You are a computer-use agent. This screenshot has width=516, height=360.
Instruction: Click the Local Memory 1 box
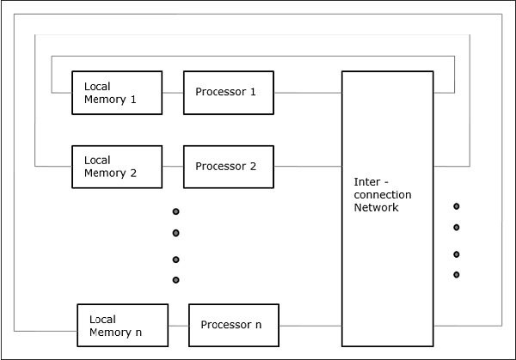tap(116, 93)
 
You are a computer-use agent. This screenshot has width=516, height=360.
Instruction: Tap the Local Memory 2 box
tap(116, 167)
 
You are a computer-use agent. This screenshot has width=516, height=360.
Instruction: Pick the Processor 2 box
tap(229, 167)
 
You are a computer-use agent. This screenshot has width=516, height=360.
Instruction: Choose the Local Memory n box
tap(121, 325)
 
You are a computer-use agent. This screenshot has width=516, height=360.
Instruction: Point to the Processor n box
tap(233, 325)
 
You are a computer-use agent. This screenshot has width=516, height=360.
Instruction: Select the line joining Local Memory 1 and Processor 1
tap(172, 93)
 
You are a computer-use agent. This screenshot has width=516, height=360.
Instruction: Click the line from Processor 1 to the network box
tap(308, 93)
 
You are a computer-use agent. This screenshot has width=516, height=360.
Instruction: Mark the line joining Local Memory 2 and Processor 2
tap(172, 167)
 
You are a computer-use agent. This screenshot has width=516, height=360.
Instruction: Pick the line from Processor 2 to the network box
tap(308, 167)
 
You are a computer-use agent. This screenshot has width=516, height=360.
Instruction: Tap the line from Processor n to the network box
tap(310, 326)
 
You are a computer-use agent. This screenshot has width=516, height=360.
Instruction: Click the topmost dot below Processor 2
tap(175, 211)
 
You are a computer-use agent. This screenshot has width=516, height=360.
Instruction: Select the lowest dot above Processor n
tap(175, 280)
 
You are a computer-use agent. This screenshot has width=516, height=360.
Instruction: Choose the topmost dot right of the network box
tap(457, 206)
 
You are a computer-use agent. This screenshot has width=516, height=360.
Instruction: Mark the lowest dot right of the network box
tap(457, 275)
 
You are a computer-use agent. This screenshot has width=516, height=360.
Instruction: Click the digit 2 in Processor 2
tap(253, 167)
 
